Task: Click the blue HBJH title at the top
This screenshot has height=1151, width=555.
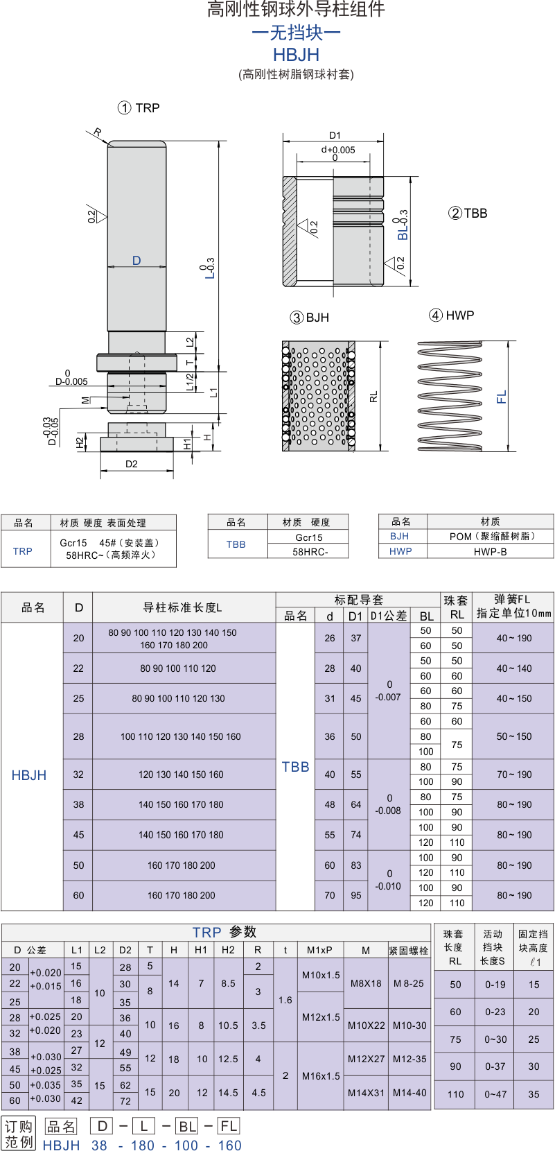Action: coord(296,55)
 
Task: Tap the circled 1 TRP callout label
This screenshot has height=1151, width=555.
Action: coord(139,108)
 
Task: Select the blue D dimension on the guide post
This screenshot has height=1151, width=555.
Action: coord(136,261)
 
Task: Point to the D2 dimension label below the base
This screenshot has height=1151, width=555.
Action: coord(132,464)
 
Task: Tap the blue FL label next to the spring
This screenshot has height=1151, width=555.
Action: coord(502,397)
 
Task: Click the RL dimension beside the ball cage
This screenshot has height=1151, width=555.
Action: coord(373,396)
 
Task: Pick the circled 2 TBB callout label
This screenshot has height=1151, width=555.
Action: coord(468,214)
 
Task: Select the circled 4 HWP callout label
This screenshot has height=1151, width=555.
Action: coord(451,315)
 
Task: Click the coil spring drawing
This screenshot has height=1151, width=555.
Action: coord(450,396)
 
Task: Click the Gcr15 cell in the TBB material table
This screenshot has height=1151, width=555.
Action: coord(309,537)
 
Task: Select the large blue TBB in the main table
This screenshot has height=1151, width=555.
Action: coord(295,767)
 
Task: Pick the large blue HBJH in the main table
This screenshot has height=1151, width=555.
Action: coord(28,775)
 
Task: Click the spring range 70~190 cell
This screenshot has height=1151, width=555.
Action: coord(514,774)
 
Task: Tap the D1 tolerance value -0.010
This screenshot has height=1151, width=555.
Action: coord(388,886)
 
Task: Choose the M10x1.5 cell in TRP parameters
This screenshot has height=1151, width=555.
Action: coord(321,975)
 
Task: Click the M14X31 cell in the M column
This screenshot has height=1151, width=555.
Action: coord(366,1093)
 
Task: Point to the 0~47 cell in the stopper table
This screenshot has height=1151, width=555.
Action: coord(495,1094)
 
